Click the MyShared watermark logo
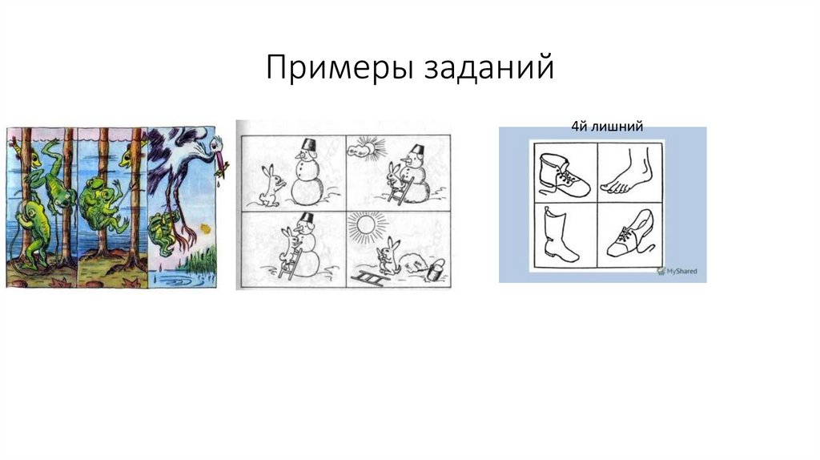(676, 271)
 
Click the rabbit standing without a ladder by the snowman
(272, 186)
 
